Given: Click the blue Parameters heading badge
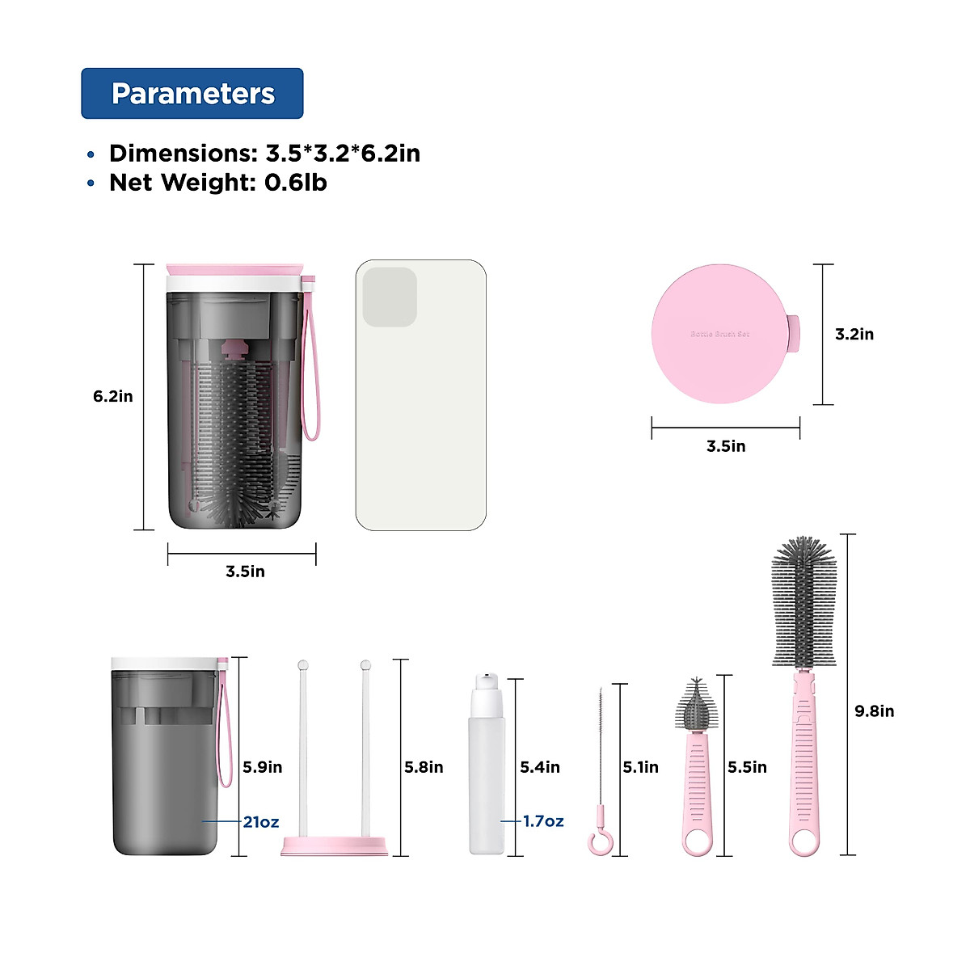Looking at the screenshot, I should point(192,94).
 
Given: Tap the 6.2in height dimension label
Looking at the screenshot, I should point(113,396).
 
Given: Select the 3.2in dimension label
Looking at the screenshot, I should point(854,334).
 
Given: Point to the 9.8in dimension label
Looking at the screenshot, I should point(875,711).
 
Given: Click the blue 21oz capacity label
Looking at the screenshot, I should point(261,822).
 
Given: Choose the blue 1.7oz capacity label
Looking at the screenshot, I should point(543,821).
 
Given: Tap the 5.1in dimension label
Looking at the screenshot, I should point(640,767).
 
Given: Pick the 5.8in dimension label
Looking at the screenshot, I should point(424,767).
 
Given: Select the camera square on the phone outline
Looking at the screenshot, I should point(390,297).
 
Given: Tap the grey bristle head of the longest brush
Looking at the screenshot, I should point(803,602).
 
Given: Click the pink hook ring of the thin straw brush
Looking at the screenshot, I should point(598,843).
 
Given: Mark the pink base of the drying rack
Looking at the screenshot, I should point(334,846).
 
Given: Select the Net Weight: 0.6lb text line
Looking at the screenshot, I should point(218,183).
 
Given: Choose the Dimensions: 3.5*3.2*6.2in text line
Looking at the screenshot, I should point(264,154).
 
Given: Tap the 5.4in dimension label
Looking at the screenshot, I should point(540,767).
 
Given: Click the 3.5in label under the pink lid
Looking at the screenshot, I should point(726,446).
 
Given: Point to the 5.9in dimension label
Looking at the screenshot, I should point(263,767).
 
